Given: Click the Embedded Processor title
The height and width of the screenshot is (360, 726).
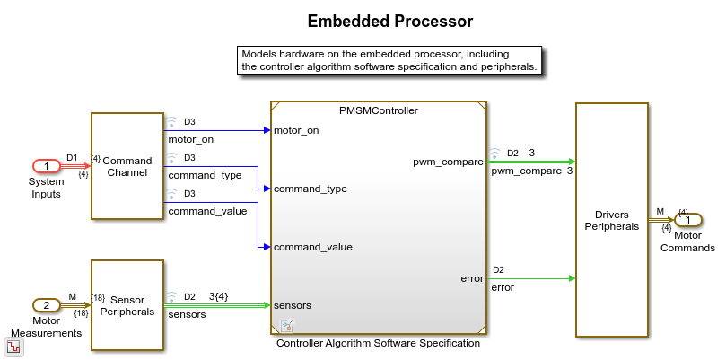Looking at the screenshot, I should coord(389,21).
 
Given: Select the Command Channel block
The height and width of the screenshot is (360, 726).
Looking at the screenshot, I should coord(127,166).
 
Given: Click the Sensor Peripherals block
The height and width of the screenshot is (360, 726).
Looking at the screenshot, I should coord(127,305).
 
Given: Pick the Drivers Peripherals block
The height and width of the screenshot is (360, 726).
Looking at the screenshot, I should coord(611,220).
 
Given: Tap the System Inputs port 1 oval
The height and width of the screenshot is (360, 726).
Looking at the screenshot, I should coord(46,166).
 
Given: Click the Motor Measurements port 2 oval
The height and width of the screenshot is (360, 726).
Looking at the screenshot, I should coord(46,305).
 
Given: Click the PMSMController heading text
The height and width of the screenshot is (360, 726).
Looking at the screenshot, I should coord(378,110).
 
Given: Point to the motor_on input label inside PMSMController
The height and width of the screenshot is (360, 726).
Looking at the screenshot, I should coord(296,130).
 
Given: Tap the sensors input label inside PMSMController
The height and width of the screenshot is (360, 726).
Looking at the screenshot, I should coord(292,305).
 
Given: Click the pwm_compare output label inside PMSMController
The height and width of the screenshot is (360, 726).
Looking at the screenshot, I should coord(448,162).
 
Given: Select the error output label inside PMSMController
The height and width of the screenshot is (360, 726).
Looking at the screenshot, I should coord(472,278).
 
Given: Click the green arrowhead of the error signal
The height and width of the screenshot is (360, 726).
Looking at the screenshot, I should coord(570,278).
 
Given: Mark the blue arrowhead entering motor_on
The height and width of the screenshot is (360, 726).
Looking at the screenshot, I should coord(266,130).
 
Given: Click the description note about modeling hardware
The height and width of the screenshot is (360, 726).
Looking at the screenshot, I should coord(389,60).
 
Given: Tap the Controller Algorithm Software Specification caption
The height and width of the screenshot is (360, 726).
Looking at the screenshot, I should coord(378,343).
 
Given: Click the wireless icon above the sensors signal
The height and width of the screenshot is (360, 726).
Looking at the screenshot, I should coord(171,296).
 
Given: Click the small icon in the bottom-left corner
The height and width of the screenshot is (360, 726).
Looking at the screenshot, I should coord(14,347).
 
